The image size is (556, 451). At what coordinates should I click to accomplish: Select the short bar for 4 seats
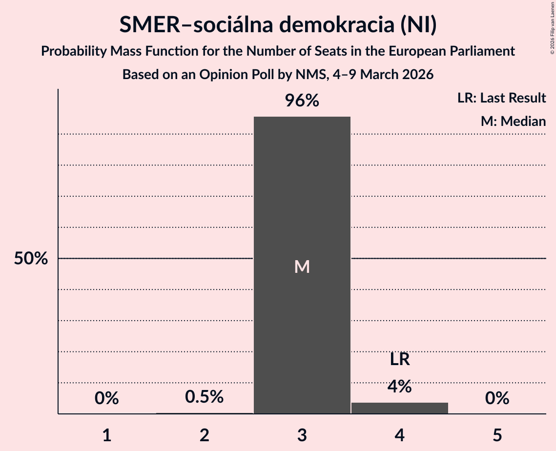[400, 408]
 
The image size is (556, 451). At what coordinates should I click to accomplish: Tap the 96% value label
[302, 101]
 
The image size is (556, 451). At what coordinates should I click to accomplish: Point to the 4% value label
[400, 387]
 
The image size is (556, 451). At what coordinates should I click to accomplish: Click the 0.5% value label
[205, 397]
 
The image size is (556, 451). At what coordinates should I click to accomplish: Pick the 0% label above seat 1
[107, 399]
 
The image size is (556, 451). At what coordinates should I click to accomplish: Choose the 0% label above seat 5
[497, 399]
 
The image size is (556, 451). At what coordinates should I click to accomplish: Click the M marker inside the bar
[302, 266]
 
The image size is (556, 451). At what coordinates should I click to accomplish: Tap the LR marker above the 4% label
[400, 360]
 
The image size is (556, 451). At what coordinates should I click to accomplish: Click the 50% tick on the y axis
[31, 259]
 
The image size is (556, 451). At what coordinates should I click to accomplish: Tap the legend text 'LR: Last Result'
[502, 98]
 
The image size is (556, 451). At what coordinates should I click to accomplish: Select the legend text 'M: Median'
[513, 121]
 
